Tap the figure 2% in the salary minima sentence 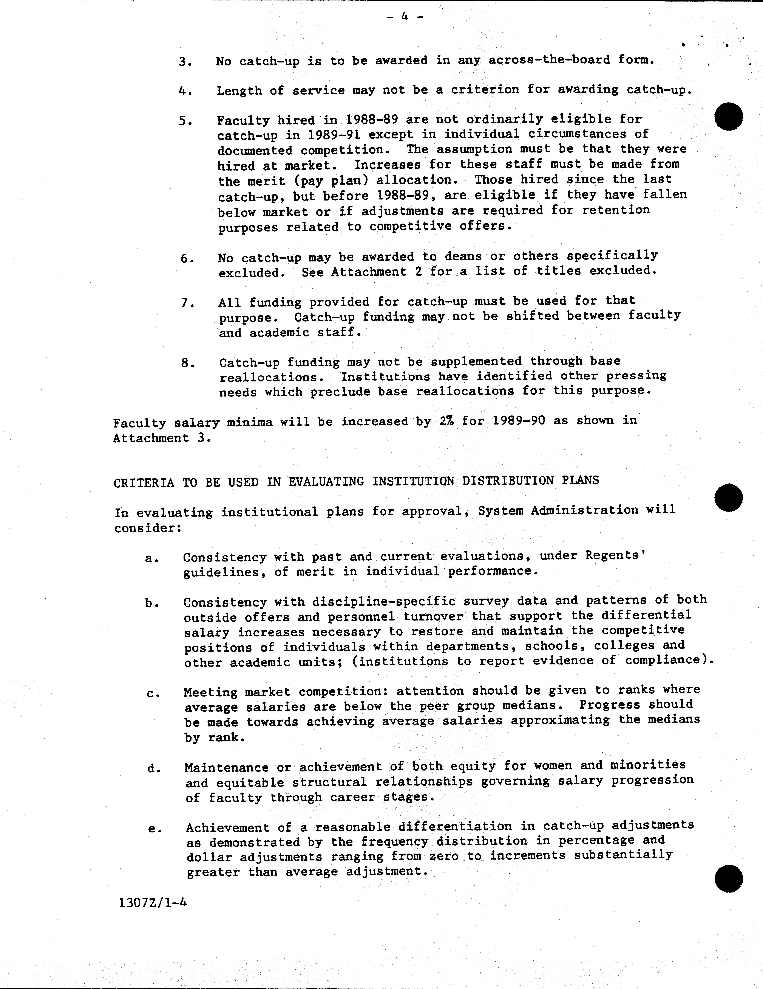[447, 421]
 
